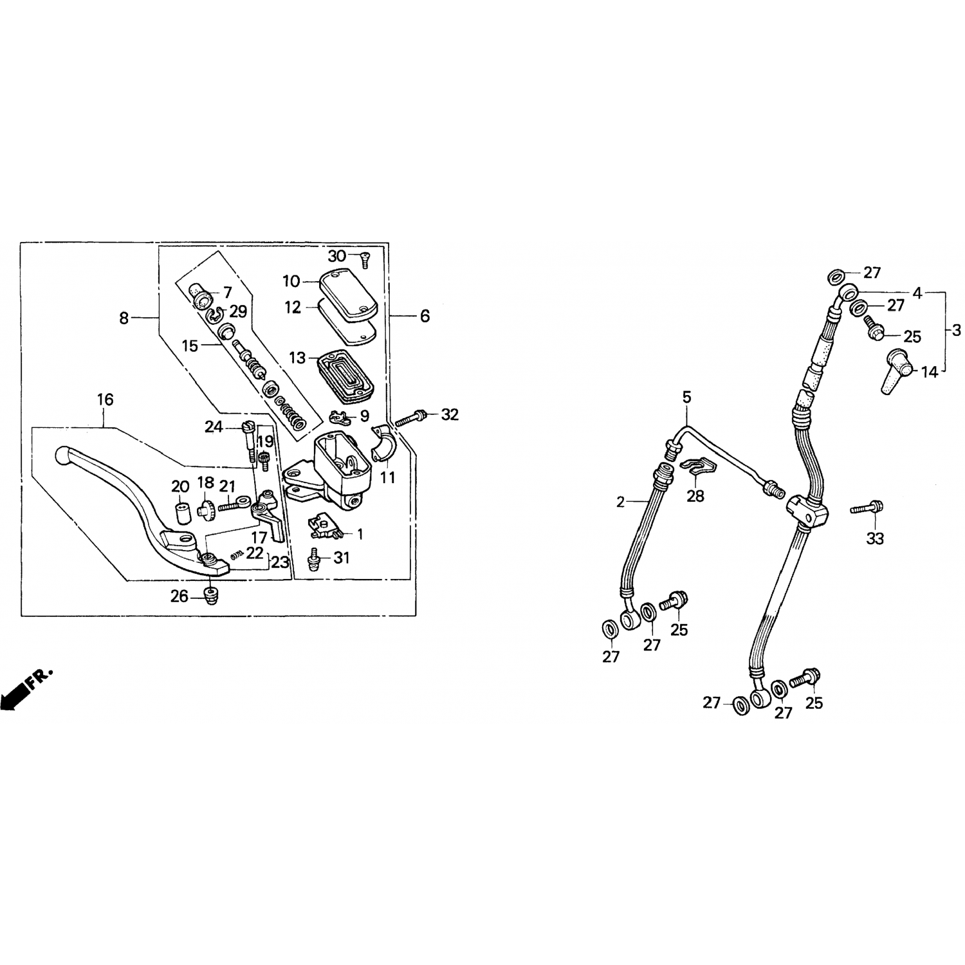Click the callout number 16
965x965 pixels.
coord(105,400)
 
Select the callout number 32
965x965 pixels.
coord(450,415)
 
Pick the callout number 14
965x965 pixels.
coord(930,372)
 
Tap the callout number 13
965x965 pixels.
coord(297,357)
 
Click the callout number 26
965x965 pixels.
coord(179,597)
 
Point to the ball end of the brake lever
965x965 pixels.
coord(62,455)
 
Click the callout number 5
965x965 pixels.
coord(687,398)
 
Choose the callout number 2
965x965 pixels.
coord(620,502)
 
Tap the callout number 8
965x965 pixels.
coord(124,317)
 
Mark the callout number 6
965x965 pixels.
coord(425,316)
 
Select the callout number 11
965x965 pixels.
coord(389,479)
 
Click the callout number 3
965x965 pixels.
coord(957,331)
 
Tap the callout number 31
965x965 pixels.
coord(342,558)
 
